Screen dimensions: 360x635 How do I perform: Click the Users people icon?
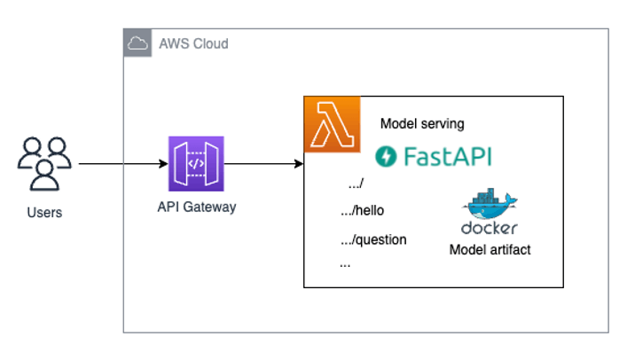click(44, 163)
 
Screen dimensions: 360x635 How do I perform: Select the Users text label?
click(44, 213)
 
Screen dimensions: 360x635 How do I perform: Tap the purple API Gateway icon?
click(196, 164)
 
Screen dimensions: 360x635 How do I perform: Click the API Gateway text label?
click(196, 207)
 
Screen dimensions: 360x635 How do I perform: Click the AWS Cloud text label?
click(192, 43)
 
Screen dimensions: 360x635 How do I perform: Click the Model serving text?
click(421, 123)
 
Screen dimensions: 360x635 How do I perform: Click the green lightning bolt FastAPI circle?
click(387, 157)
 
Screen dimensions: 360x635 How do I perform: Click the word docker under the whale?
click(490, 228)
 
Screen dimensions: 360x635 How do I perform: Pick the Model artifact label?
click(490, 250)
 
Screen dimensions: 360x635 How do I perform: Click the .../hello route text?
click(363, 211)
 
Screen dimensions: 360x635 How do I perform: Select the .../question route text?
click(373, 239)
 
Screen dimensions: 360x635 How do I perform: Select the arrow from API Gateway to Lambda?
click(262, 164)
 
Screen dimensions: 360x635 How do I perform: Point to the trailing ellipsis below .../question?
click(344, 264)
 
